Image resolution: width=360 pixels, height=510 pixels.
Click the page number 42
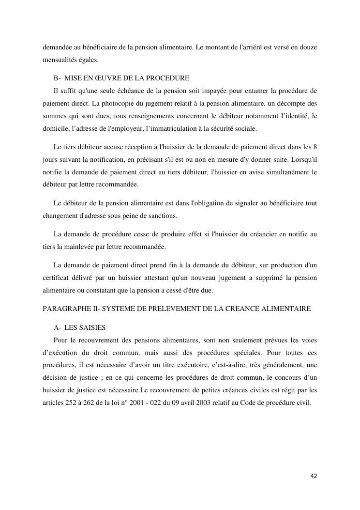coord(314,476)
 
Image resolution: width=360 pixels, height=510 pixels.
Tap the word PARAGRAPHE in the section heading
coord(64,309)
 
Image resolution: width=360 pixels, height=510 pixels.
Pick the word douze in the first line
coord(307,48)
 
